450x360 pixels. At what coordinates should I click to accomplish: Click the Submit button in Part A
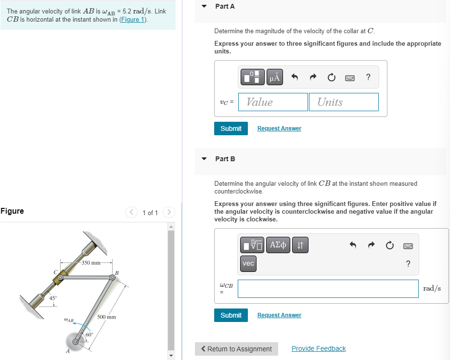(x=231, y=129)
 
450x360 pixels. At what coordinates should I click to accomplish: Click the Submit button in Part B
(x=231, y=315)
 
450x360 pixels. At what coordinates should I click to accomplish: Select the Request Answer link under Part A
(x=279, y=129)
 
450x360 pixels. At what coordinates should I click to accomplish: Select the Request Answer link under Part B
(x=279, y=315)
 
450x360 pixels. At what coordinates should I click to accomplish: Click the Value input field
(x=273, y=102)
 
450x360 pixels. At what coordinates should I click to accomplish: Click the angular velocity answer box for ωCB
(x=328, y=289)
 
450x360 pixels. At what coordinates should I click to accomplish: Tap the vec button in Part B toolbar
(x=248, y=264)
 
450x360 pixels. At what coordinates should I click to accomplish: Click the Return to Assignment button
(x=236, y=349)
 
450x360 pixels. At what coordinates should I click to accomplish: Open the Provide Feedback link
(x=318, y=349)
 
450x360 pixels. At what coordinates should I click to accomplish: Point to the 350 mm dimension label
(x=90, y=263)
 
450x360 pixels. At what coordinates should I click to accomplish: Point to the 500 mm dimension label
(x=106, y=317)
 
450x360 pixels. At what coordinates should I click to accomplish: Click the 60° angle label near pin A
(x=90, y=334)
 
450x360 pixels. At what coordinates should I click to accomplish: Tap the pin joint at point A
(x=75, y=342)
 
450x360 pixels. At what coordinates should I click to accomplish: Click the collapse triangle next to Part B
(x=204, y=159)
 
